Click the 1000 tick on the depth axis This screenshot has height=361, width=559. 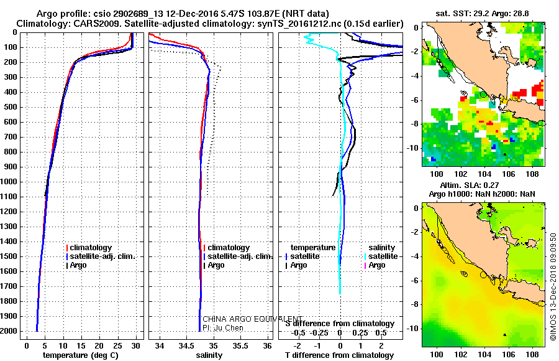(x=12, y=182)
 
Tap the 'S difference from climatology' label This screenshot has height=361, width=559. (x=339, y=324)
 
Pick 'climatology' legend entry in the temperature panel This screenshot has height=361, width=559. (x=91, y=248)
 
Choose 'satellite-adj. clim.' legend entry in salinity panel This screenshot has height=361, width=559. (x=239, y=256)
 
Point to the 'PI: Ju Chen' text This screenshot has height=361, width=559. (x=223, y=327)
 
